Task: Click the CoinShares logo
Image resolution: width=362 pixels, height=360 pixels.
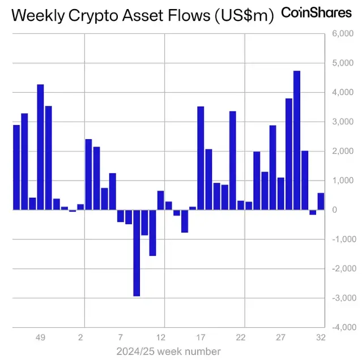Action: click(x=316, y=12)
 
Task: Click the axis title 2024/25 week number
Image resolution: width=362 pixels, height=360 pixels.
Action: click(x=168, y=350)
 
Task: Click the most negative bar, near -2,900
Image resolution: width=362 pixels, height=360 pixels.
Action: click(x=137, y=252)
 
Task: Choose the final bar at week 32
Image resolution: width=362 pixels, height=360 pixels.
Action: click(x=321, y=202)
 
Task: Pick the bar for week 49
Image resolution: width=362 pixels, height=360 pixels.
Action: click(x=40, y=147)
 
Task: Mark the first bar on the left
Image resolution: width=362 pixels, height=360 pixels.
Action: click(x=16, y=167)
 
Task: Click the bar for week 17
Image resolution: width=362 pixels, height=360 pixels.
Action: click(x=201, y=158)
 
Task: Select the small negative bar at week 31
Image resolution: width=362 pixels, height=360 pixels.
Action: click(x=313, y=212)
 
